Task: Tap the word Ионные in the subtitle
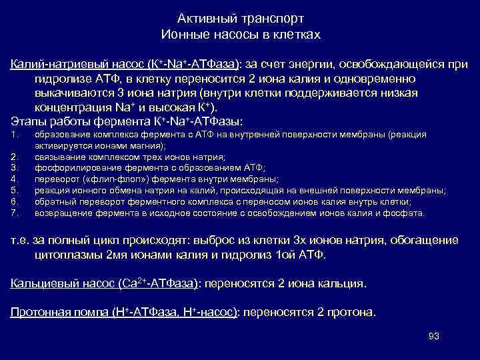coord(183,33)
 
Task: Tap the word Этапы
coord(27,121)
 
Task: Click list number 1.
coord(15,135)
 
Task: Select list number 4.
coord(15,179)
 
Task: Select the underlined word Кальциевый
coord(41,283)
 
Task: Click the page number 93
coord(434,335)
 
